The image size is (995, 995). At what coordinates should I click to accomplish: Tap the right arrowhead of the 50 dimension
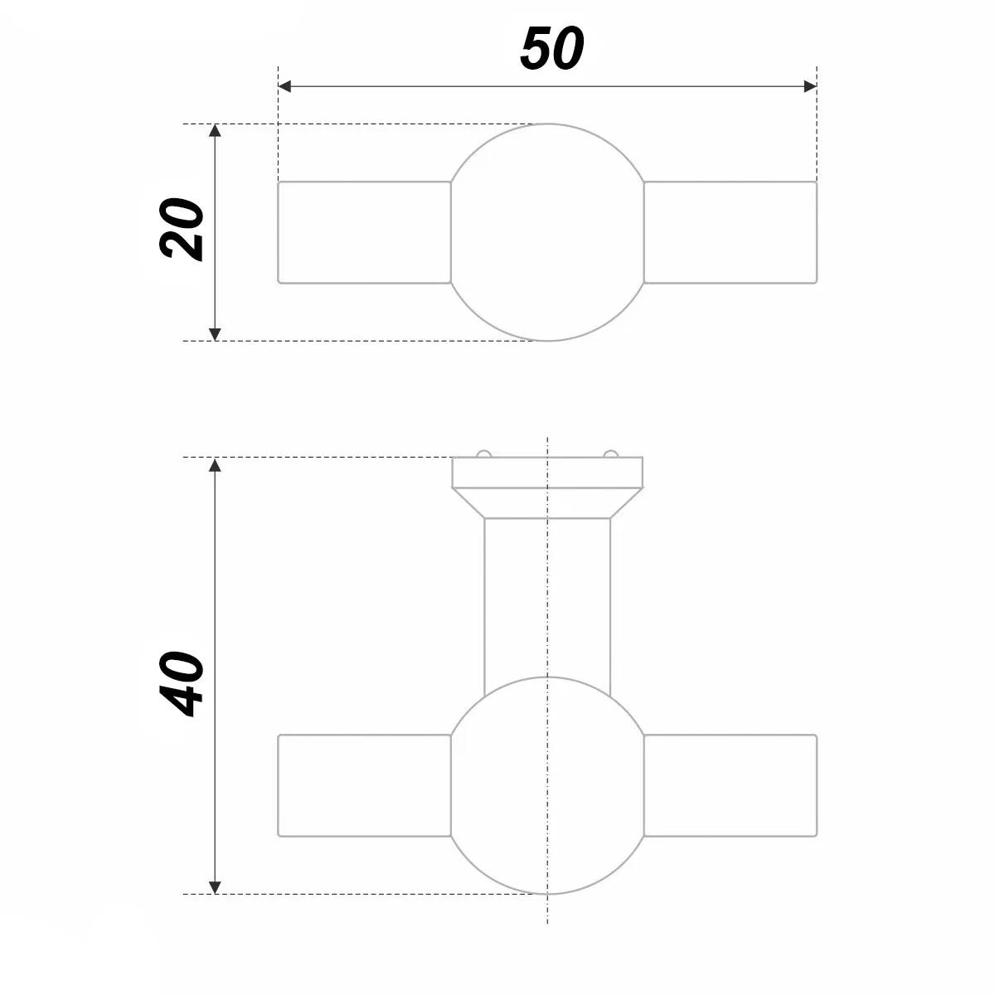810,86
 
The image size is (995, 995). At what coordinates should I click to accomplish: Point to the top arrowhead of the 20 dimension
215,131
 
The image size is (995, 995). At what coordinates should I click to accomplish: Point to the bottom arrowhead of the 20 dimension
215,333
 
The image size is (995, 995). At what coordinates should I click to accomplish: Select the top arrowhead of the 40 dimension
215,464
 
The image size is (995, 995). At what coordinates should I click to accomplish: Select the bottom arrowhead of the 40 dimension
215,887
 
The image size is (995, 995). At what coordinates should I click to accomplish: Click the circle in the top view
547,232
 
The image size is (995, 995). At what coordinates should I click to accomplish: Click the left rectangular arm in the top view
364,232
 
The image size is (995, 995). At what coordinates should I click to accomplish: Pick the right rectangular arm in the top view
730,232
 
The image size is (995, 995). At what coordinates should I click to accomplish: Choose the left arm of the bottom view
364,785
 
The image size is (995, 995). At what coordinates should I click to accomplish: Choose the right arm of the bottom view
730,785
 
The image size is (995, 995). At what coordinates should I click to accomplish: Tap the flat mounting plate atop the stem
547,472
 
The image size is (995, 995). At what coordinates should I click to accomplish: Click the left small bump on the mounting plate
483,454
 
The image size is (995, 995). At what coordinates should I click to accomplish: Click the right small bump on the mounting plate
611,454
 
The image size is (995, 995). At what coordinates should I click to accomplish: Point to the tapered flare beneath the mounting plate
547,502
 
